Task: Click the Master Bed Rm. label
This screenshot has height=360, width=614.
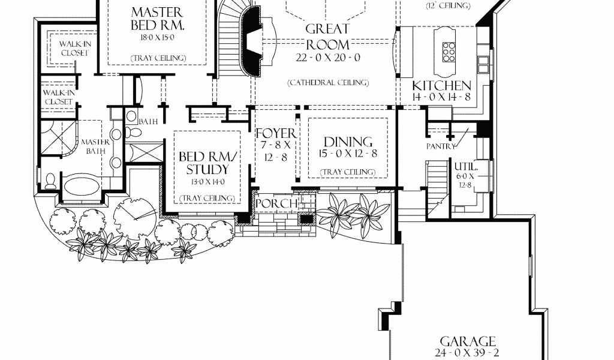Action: [x=158, y=19]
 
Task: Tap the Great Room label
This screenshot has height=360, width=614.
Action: [x=327, y=36]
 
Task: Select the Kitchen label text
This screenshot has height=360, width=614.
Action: [x=442, y=85]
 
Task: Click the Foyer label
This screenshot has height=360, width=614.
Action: [x=276, y=133]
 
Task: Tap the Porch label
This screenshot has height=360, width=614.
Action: [x=276, y=203]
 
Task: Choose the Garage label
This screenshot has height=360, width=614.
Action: [x=468, y=341]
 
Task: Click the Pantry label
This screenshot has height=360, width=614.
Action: [x=441, y=146]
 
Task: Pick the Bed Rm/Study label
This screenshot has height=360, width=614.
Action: [x=208, y=163]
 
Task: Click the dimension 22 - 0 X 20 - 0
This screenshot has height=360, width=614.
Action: [x=328, y=58]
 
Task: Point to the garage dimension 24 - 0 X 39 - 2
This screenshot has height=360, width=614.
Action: [x=466, y=353]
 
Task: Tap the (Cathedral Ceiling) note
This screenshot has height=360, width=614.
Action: [x=328, y=83]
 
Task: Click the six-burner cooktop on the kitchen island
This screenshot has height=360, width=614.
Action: [x=449, y=52]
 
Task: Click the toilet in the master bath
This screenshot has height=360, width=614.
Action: [x=50, y=181]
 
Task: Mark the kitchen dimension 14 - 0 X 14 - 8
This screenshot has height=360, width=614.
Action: [x=441, y=97]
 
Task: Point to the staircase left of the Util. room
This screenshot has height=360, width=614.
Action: [x=437, y=187]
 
